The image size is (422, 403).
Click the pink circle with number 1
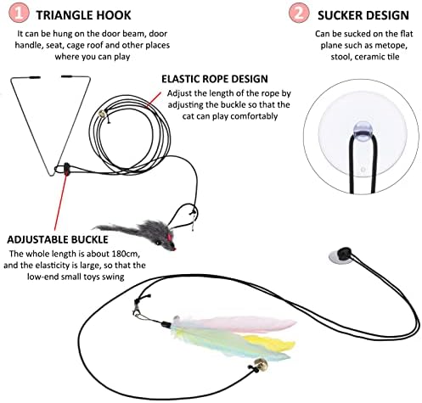point(19,13)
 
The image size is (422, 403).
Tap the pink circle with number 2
point(299,13)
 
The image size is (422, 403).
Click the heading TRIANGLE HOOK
point(84,15)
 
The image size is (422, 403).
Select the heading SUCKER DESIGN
point(363,15)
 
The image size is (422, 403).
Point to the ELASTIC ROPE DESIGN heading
point(215,79)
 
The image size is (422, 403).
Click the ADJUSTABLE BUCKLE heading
point(58,240)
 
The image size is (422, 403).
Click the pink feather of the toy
point(235,324)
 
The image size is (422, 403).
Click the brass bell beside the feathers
point(260,364)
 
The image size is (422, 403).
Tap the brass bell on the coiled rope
point(102,115)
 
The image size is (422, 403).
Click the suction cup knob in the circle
point(363,132)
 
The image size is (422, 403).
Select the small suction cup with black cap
point(340,255)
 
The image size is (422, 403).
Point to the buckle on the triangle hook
point(66,169)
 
